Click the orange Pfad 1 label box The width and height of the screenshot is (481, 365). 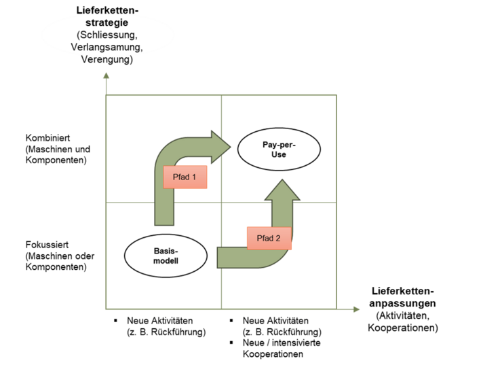[185, 177]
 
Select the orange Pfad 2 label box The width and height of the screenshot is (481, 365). [268, 238]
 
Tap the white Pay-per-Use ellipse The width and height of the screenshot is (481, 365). [279, 150]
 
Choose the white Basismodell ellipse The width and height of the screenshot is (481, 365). [166, 256]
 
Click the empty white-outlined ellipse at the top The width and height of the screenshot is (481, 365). [108, 35]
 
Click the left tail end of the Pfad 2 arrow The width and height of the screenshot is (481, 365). [218, 258]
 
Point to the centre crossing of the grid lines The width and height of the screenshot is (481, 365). [222, 202]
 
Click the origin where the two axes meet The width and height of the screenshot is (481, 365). [107, 309]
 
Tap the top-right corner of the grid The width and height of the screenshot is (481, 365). [337, 96]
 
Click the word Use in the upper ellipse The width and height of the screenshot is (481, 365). [279, 156]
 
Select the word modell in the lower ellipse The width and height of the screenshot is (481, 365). [166, 262]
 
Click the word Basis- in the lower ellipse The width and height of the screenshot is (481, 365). [166, 250]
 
